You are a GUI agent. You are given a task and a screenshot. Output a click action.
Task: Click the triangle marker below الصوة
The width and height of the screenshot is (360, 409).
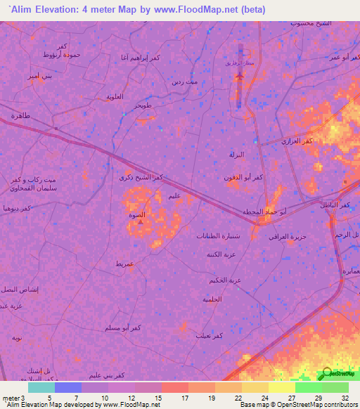pos(140,223)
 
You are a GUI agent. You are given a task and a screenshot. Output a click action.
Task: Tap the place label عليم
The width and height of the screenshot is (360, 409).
pos(176,196)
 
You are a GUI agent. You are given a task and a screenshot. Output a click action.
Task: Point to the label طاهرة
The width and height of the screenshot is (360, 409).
pos(20,115)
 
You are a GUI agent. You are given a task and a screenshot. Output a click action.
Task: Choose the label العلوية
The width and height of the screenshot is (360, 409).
pos(114,96)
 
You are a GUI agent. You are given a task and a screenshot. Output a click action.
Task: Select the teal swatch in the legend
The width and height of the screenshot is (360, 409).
pos(41,387)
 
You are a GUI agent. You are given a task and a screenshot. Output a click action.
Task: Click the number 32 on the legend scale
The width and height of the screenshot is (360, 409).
pos(343,398)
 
